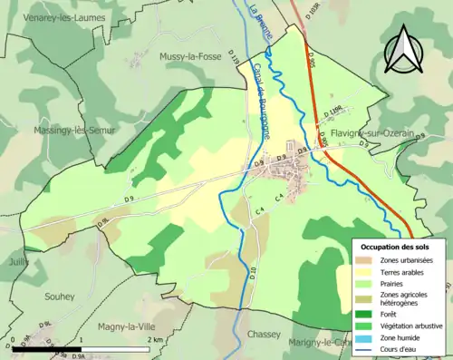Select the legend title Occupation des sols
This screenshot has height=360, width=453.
(x=395, y=247)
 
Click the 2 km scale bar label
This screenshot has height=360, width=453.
(x=155, y=339)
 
